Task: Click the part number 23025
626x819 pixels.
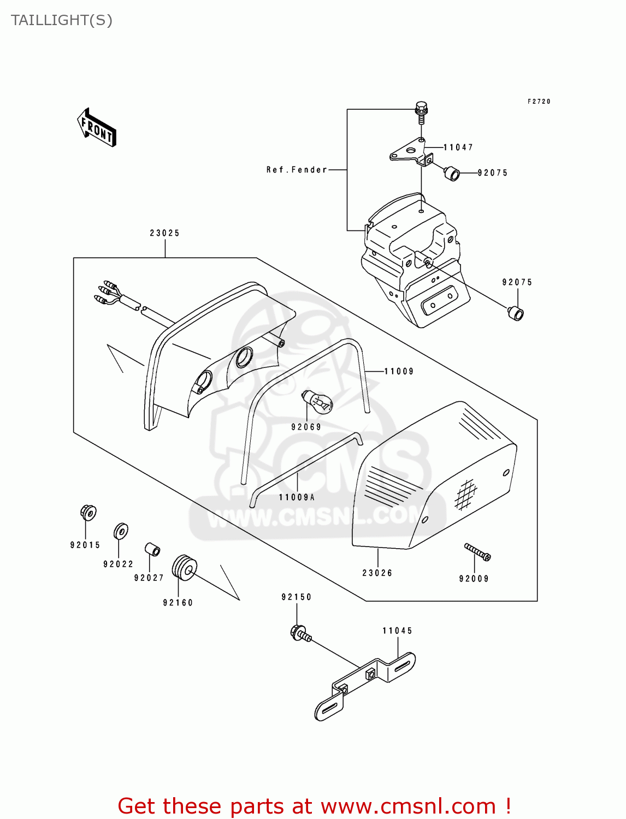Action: tap(164, 233)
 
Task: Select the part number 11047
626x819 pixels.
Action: tap(458, 147)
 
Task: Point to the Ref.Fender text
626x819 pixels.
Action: tap(297, 170)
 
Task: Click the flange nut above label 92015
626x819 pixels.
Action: tap(87, 513)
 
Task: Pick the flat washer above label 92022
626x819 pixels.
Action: tap(121, 531)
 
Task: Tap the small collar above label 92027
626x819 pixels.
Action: tap(152, 549)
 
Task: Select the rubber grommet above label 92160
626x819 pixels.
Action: tap(184, 568)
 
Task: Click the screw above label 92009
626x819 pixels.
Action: tap(477, 551)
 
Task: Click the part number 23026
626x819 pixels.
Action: tap(377, 573)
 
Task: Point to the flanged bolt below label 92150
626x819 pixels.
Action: tap(300, 634)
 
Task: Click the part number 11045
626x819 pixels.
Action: tap(397, 631)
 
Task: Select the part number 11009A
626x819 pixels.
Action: tap(297, 497)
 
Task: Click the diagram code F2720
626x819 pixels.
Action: tap(539, 102)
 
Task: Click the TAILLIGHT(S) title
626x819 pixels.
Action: tap(62, 20)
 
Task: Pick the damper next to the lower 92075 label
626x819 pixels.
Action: tap(515, 313)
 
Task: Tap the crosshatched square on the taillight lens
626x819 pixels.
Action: tap(465, 494)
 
